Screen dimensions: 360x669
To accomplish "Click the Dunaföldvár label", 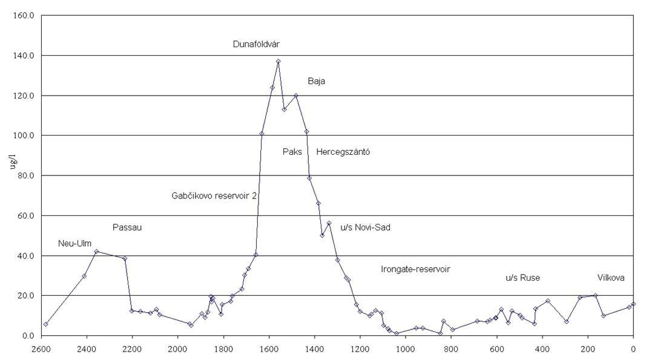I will tap(256, 44).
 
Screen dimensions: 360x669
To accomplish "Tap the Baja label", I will tap(316, 80).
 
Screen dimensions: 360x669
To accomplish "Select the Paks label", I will tap(292, 152).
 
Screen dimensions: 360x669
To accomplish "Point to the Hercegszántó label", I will tap(343, 152).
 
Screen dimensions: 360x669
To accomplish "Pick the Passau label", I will tap(127, 227).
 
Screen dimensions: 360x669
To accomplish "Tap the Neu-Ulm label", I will tap(75, 243).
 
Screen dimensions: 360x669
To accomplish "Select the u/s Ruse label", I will tap(522, 278).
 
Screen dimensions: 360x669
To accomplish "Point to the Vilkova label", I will tap(611, 278).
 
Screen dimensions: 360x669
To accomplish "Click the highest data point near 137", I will tap(278, 61).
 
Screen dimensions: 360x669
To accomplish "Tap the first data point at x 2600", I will tap(45, 324).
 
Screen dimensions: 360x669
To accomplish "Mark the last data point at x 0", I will tap(633, 304).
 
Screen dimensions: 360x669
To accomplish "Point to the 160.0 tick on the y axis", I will tap(24, 15).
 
